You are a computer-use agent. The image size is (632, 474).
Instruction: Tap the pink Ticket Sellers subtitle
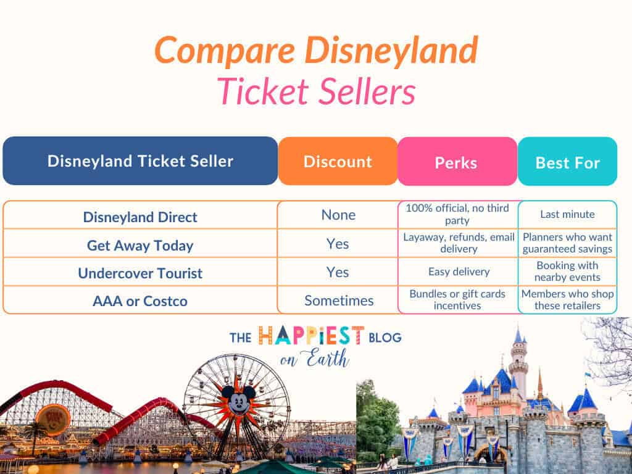[x=315, y=91]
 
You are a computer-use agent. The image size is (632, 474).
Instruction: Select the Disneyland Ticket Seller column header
[x=140, y=161]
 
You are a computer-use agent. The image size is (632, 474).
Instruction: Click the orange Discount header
[x=338, y=162]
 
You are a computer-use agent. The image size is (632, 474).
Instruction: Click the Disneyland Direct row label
[x=140, y=217]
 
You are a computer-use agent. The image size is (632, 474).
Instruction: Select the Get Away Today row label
[x=140, y=246]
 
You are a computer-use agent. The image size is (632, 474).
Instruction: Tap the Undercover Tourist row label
[x=140, y=273]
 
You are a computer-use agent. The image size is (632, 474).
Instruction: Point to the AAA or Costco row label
[x=140, y=301]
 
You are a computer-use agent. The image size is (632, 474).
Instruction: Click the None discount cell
[x=338, y=215]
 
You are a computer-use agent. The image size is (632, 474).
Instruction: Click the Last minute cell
[x=567, y=214]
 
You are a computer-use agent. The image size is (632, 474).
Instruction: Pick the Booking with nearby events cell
[x=567, y=272]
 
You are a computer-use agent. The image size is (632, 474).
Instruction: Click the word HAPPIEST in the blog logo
[x=311, y=336]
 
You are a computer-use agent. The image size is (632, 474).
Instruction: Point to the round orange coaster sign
[x=53, y=419]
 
